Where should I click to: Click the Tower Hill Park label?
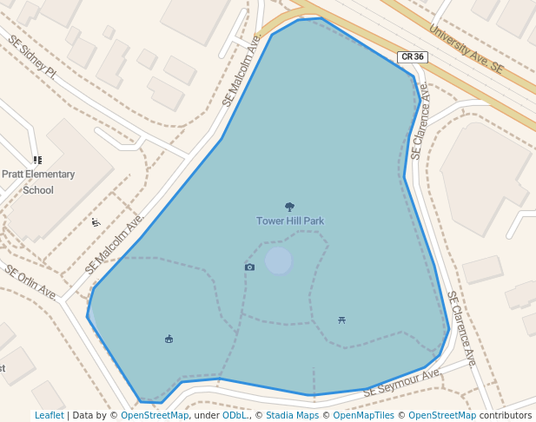pyautogui.click(x=289, y=221)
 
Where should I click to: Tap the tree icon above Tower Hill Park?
pyautogui.click(x=289, y=207)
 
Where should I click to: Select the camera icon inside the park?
pyautogui.click(x=249, y=267)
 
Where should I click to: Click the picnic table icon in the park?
pyautogui.click(x=342, y=320)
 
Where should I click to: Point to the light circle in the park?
pyautogui.click(x=278, y=260)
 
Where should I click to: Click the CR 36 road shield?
pyautogui.click(x=412, y=57)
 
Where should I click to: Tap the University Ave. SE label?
pyautogui.click(x=467, y=49)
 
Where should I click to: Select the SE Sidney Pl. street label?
pyautogui.click(x=32, y=57)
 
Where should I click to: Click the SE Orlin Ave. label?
pyautogui.click(x=31, y=282)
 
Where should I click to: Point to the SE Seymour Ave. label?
pyautogui.click(x=402, y=383)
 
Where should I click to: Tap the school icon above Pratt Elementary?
pyautogui.click(x=37, y=160)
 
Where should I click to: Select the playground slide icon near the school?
pyautogui.click(x=96, y=222)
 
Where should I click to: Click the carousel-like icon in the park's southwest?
pyautogui.click(x=169, y=339)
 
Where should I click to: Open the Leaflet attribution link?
pyautogui.click(x=49, y=415)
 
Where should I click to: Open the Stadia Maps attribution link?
pyautogui.click(x=291, y=415)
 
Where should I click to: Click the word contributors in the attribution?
pyautogui.click(x=505, y=415)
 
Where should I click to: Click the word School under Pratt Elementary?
pyautogui.click(x=38, y=190)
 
